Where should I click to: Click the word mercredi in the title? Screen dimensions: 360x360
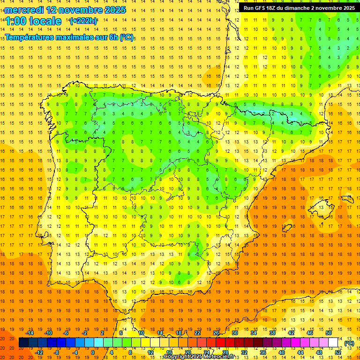[24, 10]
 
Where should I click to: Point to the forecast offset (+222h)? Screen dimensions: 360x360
[83, 21]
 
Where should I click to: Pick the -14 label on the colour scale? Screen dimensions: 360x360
[30, 333]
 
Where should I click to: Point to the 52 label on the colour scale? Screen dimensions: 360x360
[338, 352]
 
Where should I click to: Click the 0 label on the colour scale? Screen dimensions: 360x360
[92, 352]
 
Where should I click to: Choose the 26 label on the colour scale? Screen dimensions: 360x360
[216, 333]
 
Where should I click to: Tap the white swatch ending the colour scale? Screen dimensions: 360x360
[333, 343]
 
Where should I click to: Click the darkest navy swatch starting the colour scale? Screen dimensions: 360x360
[23, 343]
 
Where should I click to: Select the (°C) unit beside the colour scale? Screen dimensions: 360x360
[349, 343]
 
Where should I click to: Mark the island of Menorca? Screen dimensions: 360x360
[346, 197]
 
